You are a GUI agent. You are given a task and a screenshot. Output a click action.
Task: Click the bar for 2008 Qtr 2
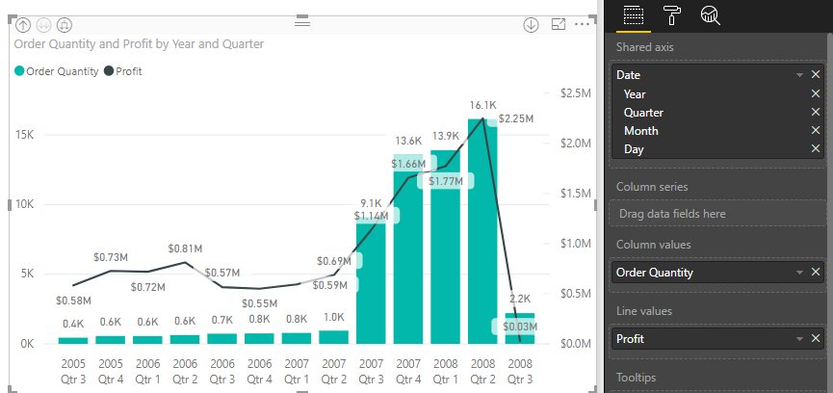coord(482,231)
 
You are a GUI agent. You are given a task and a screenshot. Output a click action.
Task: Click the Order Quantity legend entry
coord(58,71)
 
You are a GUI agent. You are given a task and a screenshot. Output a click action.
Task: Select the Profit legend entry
coord(122,71)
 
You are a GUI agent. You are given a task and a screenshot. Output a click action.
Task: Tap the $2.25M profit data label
coord(516,118)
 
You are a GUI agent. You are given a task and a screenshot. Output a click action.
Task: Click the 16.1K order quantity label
coord(482,105)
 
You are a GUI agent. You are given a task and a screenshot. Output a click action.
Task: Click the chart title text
coord(140,44)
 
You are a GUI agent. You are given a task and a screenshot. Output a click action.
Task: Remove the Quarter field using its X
coord(816,112)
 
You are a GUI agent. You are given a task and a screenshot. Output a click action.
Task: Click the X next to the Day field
coord(816,148)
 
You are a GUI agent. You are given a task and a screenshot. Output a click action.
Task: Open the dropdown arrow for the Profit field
coord(799,338)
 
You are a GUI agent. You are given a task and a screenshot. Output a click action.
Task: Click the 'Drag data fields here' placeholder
coord(671,213)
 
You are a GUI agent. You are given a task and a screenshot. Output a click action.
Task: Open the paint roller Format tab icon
coord(672,14)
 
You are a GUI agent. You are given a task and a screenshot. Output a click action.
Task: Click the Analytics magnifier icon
coord(711,14)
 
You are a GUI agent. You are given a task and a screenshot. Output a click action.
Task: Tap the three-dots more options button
coord(581,24)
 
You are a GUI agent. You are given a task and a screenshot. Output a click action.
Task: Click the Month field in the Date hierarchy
coord(641,130)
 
